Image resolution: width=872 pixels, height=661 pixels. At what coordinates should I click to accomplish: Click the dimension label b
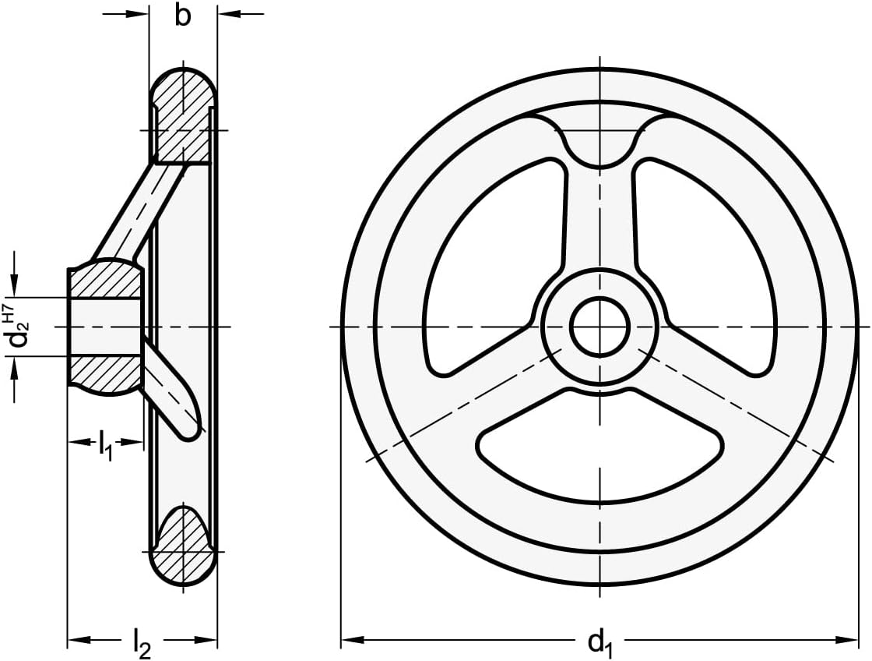coord(182,16)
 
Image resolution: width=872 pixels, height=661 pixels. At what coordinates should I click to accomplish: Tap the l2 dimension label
coord(142,645)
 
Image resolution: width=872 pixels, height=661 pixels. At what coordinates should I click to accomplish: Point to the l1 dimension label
coord(106,444)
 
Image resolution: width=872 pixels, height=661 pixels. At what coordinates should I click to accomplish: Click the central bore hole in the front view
coord(599,327)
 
